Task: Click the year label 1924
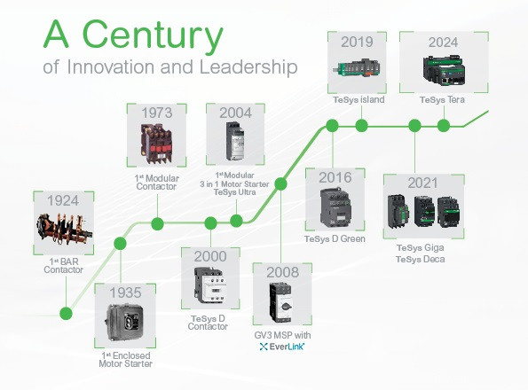(x=60, y=200)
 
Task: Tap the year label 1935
(x=125, y=292)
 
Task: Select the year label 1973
(x=156, y=113)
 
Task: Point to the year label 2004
(x=234, y=113)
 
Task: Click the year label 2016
(x=335, y=177)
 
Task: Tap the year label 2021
(x=423, y=183)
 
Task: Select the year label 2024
(x=443, y=41)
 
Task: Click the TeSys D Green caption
(x=335, y=238)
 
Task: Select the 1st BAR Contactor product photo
(x=60, y=232)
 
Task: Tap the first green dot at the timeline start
(x=65, y=312)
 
